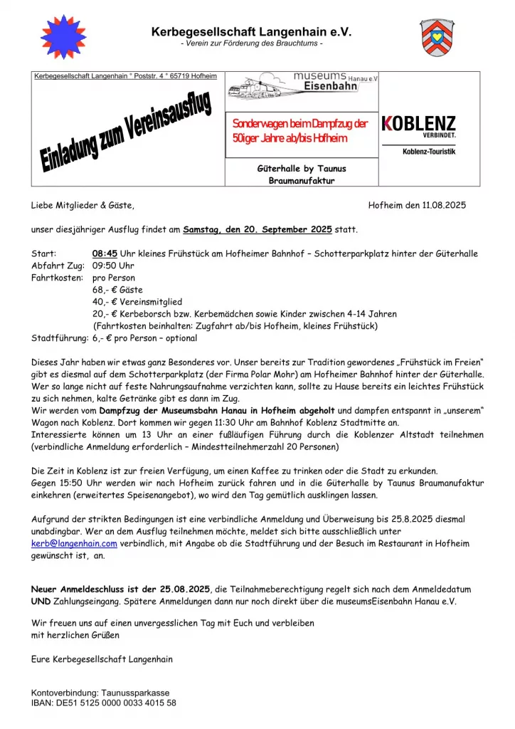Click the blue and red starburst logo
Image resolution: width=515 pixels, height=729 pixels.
coord(64,36)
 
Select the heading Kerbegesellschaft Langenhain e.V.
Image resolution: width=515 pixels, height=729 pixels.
coord(251,32)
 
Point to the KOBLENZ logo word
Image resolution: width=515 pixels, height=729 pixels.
coord(420,123)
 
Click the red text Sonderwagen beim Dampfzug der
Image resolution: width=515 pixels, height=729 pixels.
coord(299,124)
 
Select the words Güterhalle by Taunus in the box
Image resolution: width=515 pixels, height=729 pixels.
coord(302,169)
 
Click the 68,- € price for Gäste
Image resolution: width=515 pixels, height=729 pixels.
coord(103,290)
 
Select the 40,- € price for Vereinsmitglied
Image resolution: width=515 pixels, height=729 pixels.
coord(103,302)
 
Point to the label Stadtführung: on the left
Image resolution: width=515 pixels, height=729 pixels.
coord(60,338)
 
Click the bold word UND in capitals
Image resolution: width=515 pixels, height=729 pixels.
coord(41,602)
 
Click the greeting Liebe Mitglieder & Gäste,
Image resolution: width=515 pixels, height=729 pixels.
coord(83,205)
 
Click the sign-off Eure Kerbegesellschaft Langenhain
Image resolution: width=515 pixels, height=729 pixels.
coord(102,659)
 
